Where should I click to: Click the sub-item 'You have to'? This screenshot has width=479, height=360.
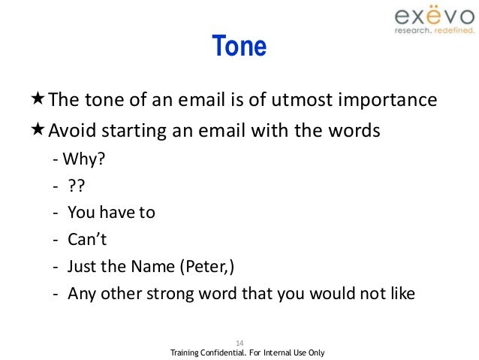[x=111, y=212]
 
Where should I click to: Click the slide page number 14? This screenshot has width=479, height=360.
[x=239, y=340]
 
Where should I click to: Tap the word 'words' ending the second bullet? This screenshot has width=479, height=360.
[x=356, y=131]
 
